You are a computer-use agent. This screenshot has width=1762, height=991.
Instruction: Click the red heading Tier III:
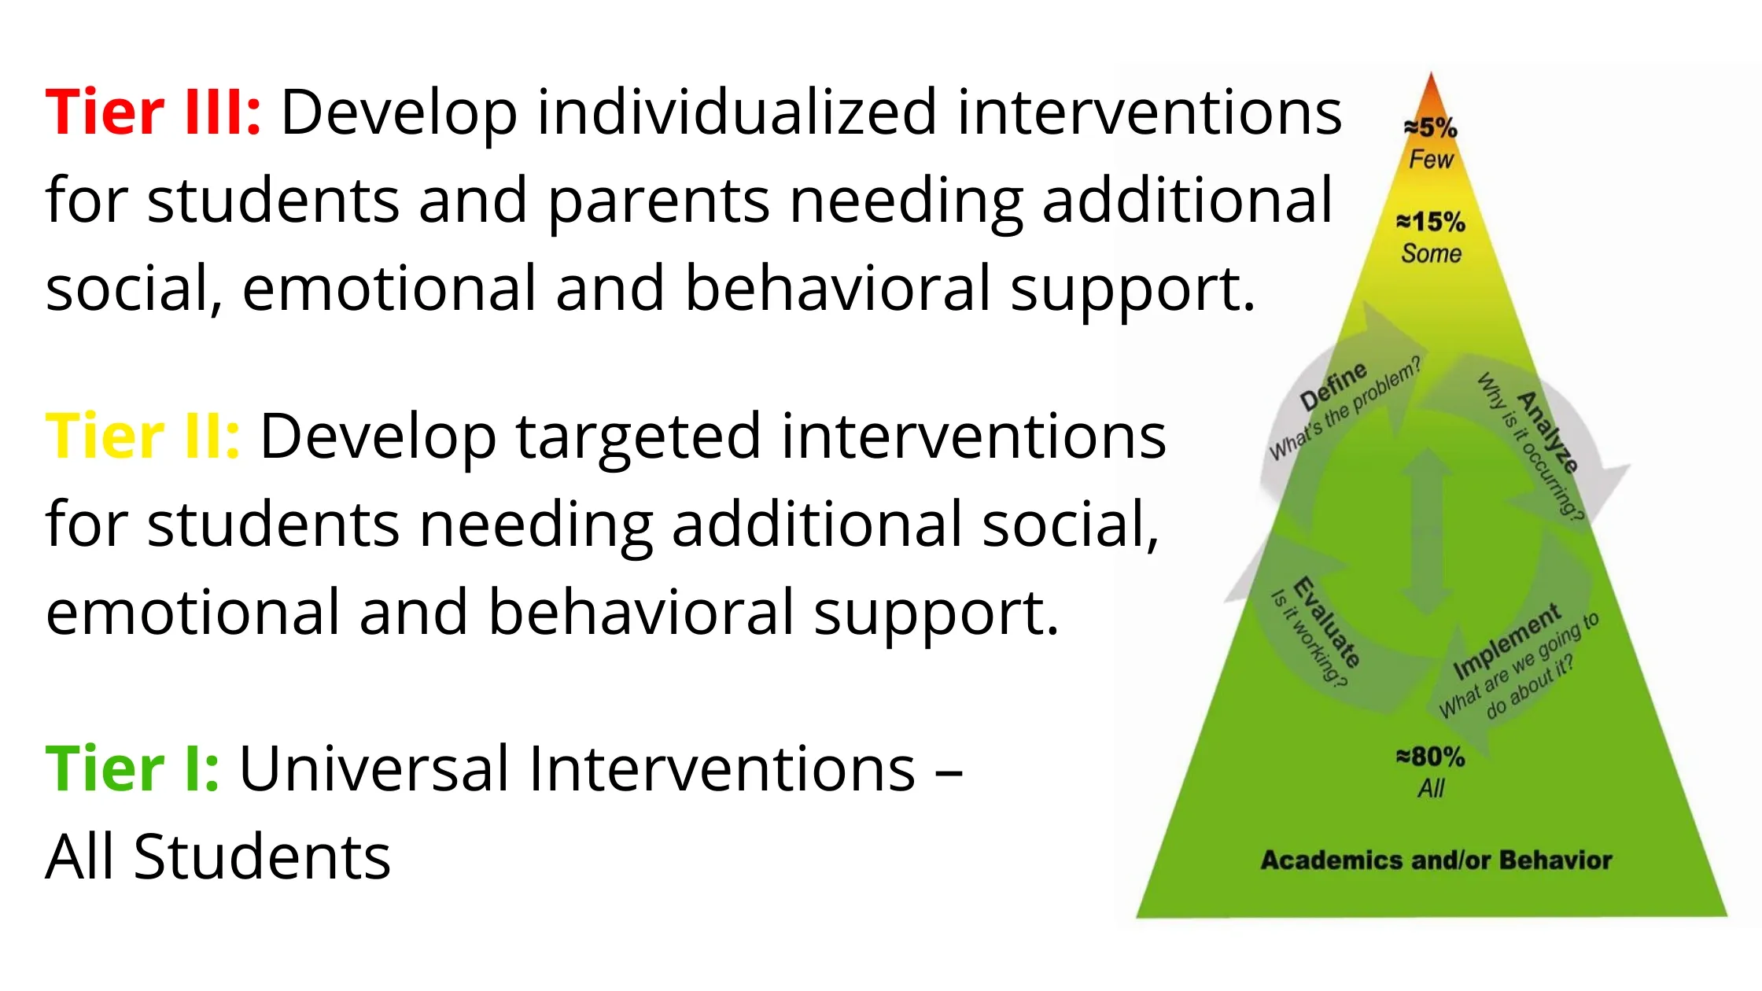[153, 112]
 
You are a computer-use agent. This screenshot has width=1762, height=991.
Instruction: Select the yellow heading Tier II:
[143, 437]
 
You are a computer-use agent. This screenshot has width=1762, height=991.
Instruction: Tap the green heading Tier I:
[133, 768]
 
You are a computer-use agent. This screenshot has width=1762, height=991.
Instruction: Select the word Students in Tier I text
[262, 857]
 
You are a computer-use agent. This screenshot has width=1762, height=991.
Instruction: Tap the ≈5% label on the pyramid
[1431, 127]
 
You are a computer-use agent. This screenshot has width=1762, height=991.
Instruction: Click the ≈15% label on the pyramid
[1431, 222]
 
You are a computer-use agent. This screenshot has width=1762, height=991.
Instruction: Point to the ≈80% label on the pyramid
[1431, 757]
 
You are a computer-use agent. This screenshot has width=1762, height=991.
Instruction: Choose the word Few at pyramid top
[1431, 160]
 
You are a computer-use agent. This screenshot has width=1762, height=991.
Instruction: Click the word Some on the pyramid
[1431, 253]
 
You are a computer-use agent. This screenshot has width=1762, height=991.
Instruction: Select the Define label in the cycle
[1334, 386]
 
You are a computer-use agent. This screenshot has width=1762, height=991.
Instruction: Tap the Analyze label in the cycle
[1547, 432]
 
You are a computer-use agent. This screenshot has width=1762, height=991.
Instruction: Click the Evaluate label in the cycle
[1326, 622]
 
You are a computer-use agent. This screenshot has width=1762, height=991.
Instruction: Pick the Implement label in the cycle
[1506, 641]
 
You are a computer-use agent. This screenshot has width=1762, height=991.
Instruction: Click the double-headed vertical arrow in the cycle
[1426, 531]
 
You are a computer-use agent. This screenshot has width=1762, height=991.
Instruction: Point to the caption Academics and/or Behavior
[1436, 860]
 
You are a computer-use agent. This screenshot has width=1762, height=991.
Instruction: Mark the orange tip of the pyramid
[1431, 74]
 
